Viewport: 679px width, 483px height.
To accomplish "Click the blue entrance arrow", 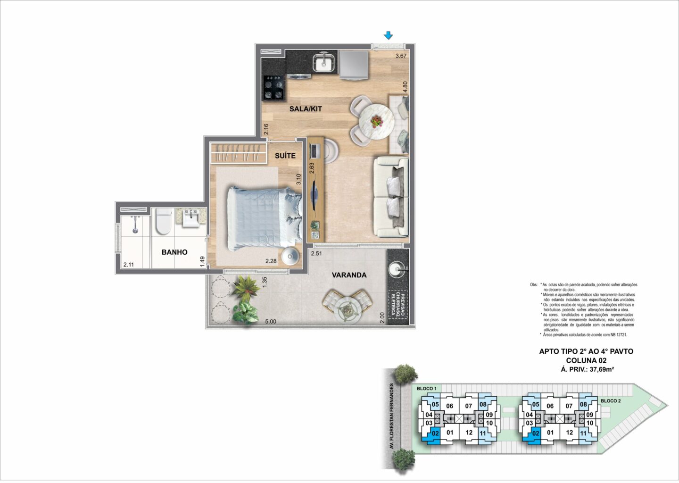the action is click(x=388, y=35).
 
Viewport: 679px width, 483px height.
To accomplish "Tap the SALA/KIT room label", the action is click(x=306, y=109).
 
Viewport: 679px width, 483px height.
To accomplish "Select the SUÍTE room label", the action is click(x=285, y=156).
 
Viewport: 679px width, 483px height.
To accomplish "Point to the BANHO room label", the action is click(x=174, y=252).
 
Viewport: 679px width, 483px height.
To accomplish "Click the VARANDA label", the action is click(x=349, y=275).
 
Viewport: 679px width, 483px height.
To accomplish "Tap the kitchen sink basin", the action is click(x=323, y=62).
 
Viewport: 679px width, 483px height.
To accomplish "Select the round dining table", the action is click(x=376, y=122).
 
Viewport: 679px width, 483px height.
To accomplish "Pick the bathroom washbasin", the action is click(x=190, y=217).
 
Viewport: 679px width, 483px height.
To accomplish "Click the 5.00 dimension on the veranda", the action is click(x=271, y=321).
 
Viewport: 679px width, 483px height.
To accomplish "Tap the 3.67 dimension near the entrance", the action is click(x=401, y=56).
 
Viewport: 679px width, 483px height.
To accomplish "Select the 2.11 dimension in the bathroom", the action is click(x=129, y=265).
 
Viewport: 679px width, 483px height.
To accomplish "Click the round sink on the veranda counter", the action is click(x=396, y=269).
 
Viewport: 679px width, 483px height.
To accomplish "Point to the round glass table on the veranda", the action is click(x=347, y=310).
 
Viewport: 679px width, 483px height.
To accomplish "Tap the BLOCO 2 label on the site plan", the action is click(x=611, y=400).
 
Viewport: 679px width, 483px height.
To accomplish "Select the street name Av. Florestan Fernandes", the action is click(x=391, y=416).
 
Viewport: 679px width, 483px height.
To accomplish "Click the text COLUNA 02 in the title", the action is click(x=586, y=360).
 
